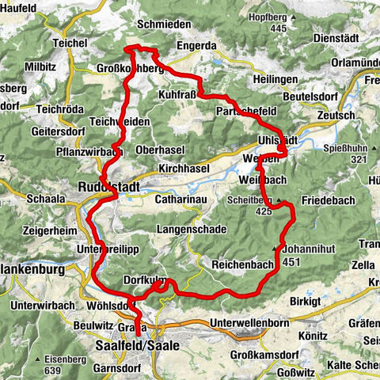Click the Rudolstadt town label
pos(108,188)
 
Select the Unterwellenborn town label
pos(252,323)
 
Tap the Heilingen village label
pos(276,80)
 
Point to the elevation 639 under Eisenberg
pos(53,370)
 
